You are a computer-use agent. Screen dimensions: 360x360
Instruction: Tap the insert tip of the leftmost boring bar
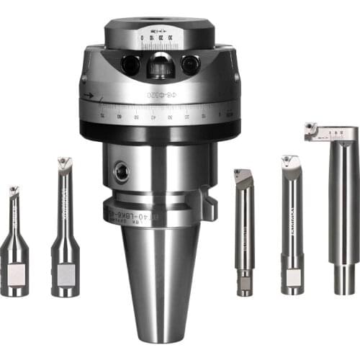coord(14,190)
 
